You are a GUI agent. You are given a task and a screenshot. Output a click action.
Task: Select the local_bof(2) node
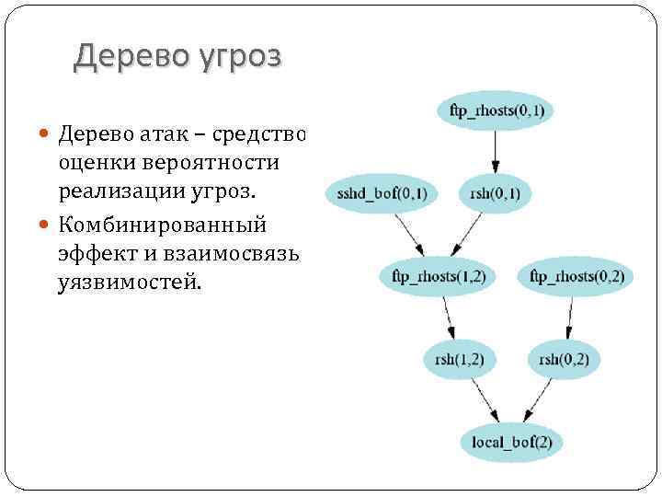pyautogui.click(x=511, y=443)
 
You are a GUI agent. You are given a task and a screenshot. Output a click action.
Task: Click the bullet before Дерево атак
pyautogui.click(x=47, y=136)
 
